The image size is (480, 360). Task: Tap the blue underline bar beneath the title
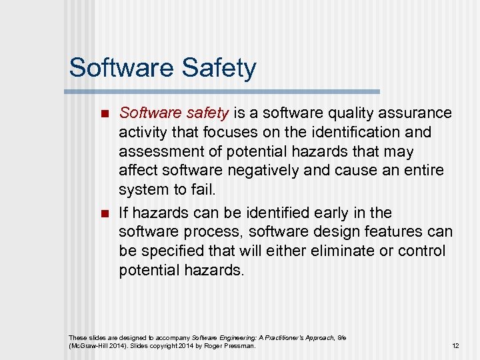[223, 91]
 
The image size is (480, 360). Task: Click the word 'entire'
[422, 171]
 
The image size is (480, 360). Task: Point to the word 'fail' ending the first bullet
[203, 190]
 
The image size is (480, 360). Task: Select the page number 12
[455, 346]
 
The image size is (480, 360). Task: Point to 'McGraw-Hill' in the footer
[87, 346]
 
